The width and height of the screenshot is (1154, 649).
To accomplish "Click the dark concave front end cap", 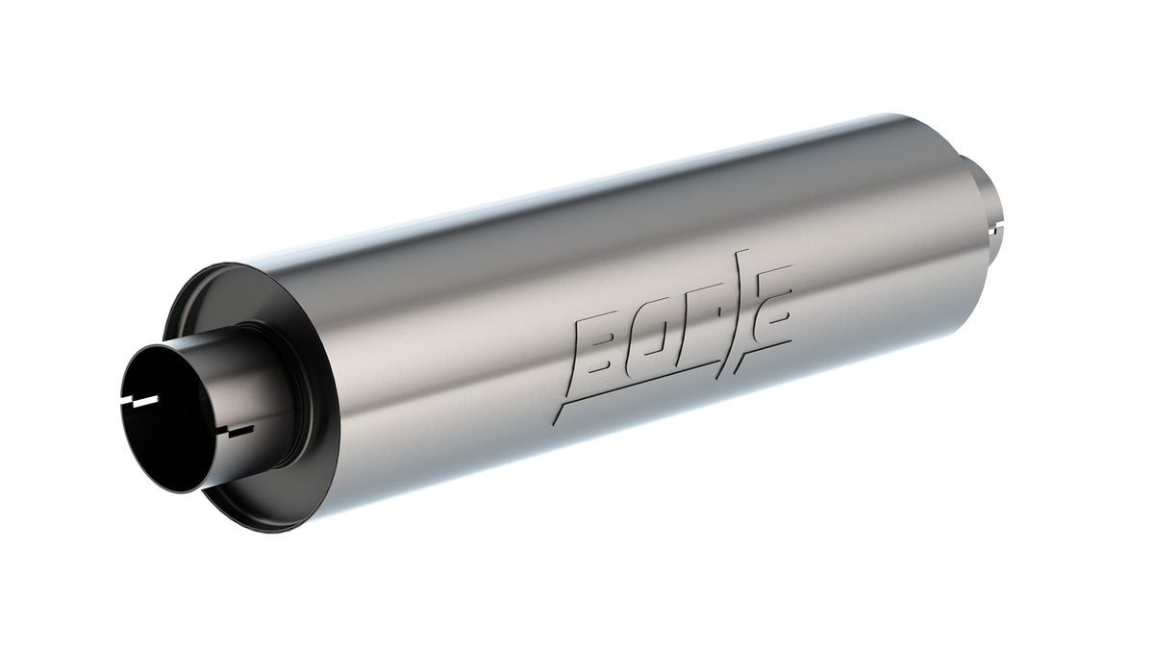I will (x=197, y=317).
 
